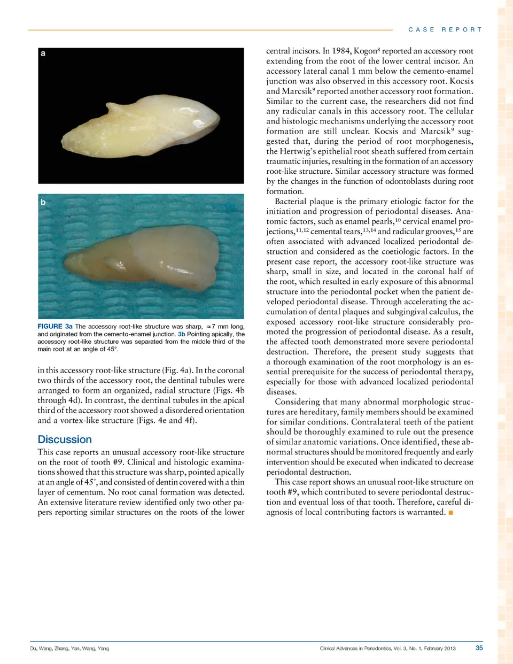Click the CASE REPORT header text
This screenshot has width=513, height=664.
445,29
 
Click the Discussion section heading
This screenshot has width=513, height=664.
65,439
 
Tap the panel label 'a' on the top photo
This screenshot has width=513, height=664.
43,53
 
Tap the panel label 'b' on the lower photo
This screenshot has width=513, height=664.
43,202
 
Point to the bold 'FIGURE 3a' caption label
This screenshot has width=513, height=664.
55,326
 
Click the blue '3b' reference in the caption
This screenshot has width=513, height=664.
182,334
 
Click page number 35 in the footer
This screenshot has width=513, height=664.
479,648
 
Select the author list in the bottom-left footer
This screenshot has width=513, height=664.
69,648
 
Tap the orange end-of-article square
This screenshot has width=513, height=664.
451,513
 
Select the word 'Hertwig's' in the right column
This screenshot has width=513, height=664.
299,151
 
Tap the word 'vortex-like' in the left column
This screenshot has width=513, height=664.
75,420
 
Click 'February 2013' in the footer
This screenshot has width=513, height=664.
440,648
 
